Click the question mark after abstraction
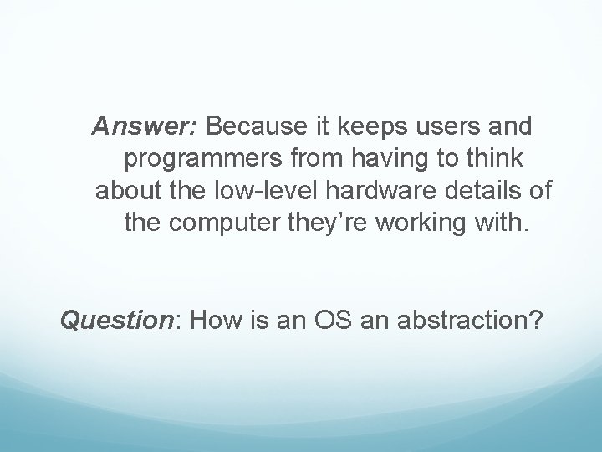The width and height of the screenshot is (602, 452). (536, 320)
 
